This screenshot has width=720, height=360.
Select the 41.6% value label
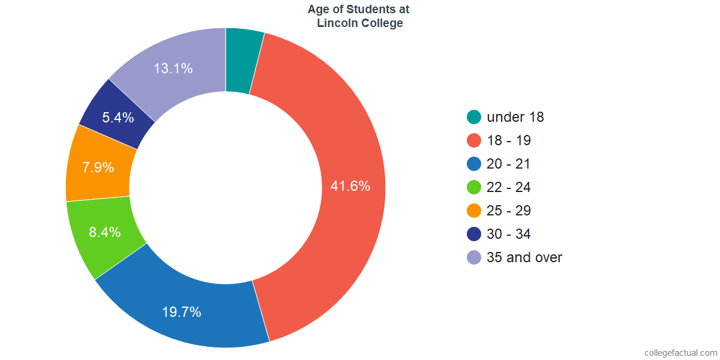coord(350,186)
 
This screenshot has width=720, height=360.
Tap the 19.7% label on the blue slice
coord(181,312)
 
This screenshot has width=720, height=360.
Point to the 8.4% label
coord(105,232)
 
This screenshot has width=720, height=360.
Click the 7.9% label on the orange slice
coord(98,167)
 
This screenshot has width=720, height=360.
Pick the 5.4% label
coord(118,118)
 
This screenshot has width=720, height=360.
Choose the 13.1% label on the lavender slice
coord(173,68)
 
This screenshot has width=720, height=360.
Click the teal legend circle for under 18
coord(474,117)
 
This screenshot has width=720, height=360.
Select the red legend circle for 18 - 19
coord(474,140)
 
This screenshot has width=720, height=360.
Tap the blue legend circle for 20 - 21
coord(474,164)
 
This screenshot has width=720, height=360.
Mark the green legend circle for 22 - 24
coord(474,187)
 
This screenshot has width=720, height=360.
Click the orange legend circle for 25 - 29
coord(474,211)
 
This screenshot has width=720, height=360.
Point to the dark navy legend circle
coord(474,234)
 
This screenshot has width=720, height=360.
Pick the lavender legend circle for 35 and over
coord(474,257)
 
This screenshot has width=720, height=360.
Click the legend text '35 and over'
coord(524,257)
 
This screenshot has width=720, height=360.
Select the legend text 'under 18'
coord(515,117)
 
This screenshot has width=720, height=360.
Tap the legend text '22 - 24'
coord(509,187)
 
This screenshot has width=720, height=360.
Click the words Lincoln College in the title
coord(359,23)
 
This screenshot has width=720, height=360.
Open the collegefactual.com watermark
coord(680,353)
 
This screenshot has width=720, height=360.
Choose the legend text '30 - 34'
coord(509,234)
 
